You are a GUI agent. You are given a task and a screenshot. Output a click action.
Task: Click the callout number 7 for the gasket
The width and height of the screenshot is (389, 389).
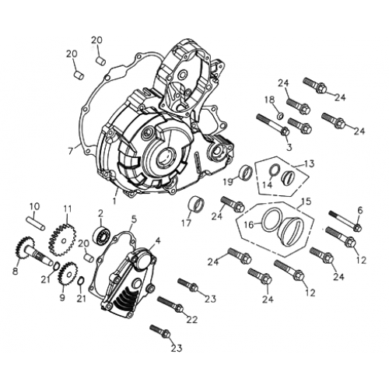pos(70,149)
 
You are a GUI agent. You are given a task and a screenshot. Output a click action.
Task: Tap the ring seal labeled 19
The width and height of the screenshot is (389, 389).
pos(244,172)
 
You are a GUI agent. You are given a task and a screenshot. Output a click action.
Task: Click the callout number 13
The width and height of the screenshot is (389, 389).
pos(310,163)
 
